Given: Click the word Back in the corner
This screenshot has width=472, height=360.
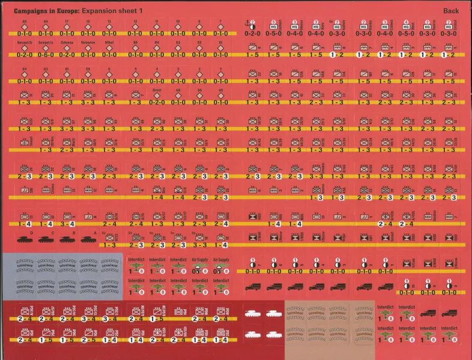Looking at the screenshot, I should click(x=450, y=11).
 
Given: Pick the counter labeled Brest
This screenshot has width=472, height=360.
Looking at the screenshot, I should click(x=156, y=96).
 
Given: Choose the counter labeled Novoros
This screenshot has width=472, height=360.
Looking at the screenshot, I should click(x=88, y=49).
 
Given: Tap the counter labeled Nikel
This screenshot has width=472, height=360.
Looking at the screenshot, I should click(x=109, y=49).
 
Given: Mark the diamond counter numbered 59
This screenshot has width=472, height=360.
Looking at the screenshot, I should click(x=88, y=75).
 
